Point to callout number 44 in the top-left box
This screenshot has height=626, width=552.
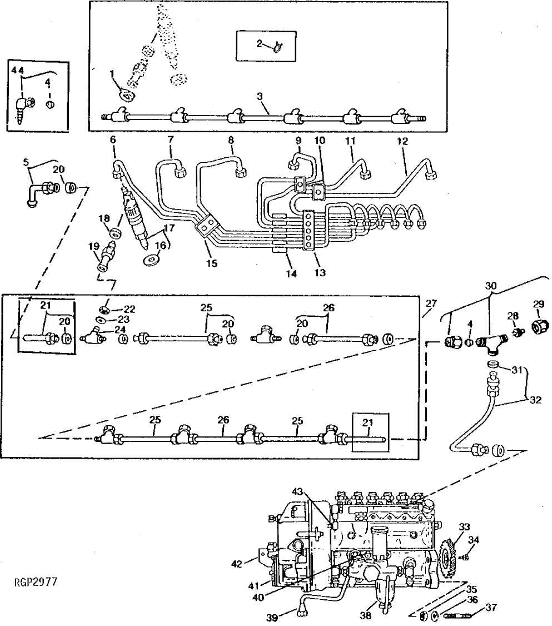click(18, 69)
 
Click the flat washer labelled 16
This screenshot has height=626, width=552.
click(152, 259)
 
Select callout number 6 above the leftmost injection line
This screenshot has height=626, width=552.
click(113, 140)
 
